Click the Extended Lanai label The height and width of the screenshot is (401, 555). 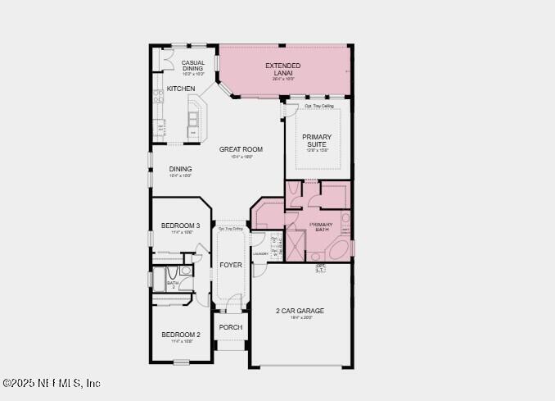pyautogui.click(x=282, y=69)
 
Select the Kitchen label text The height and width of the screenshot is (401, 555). pyautogui.click(x=181, y=88)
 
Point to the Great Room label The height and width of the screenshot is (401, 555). pyautogui.click(x=241, y=149)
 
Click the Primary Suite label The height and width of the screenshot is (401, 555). pyautogui.click(x=317, y=140)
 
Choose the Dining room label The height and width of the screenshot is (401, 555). pyautogui.click(x=180, y=169)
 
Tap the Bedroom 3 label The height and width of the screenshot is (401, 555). pyautogui.click(x=180, y=226)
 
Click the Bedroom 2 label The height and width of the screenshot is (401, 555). pyautogui.click(x=180, y=335)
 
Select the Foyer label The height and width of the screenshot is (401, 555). pyautogui.click(x=231, y=265)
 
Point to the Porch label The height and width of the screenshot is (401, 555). pyautogui.click(x=231, y=327)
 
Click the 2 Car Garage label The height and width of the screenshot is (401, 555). pyautogui.click(x=300, y=311)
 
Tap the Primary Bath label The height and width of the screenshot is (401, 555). pyautogui.click(x=321, y=227)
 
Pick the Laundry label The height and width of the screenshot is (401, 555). pyautogui.click(x=260, y=253)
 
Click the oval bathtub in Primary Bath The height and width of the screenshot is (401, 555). pyautogui.click(x=344, y=248)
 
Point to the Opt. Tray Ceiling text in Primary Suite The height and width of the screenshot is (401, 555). pyautogui.click(x=318, y=107)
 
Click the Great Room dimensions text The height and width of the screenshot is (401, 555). pyautogui.click(x=241, y=157)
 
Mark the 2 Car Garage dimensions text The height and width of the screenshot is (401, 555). pyautogui.click(x=300, y=317)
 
